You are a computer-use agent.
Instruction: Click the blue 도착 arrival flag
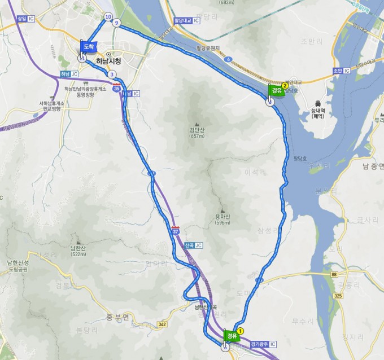88,46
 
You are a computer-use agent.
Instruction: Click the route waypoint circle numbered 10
108,17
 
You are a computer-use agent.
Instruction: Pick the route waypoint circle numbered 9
116,23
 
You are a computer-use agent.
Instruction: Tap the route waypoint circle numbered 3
112,74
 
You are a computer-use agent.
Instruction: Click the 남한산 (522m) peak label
78,250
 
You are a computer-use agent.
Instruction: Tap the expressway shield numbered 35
116,88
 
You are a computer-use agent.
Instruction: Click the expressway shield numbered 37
176,231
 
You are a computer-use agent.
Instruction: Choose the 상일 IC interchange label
25,19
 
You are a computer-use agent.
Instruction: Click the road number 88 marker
334,274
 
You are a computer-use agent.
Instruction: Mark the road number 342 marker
163,324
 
